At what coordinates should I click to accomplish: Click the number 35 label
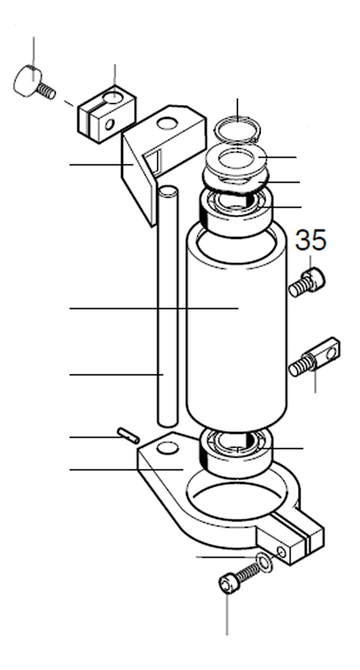pyautogui.click(x=311, y=240)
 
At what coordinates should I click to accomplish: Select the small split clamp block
pyautogui.click(x=107, y=113)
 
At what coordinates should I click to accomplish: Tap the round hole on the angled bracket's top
pyautogui.click(x=168, y=123)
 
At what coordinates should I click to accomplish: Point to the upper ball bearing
pyautogui.click(x=236, y=213)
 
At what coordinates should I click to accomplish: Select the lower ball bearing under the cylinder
pyautogui.click(x=236, y=454)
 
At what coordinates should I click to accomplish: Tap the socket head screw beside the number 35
pyautogui.click(x=307, y=283)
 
